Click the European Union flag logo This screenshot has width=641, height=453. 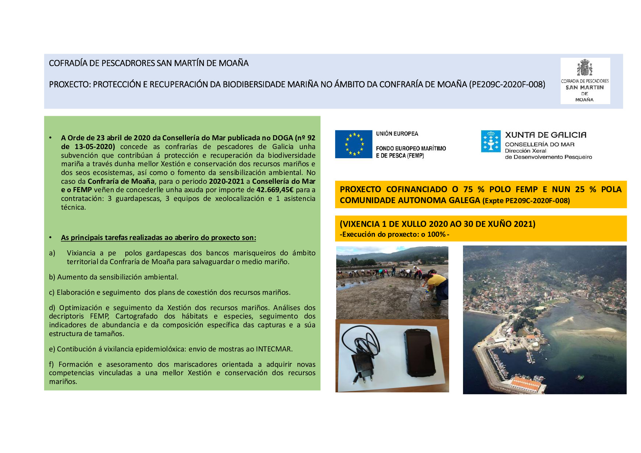click(x=353, y=144)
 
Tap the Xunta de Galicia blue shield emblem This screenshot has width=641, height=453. click(x=491, y=141)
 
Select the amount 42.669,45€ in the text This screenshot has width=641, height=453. click(x=275, y=190)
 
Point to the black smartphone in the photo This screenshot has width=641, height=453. click(x=420, y=353)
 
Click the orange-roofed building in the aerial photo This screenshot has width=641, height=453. click(x=526, y=384)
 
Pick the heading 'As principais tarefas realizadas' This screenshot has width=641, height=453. click(x=158, y=238)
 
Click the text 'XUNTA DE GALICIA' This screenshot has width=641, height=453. click(x=546, y=135)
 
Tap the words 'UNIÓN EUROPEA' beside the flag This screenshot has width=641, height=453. click(x=397, y=134)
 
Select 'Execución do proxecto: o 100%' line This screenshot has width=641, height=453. click(x=394, y=235)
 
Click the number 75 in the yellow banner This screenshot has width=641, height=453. click(x=468, y=189)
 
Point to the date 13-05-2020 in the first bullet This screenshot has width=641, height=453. click(x=95, y=147)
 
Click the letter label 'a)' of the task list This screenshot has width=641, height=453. click(x=52, y=253)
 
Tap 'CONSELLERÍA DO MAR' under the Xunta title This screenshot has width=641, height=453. click(x=539, y=145)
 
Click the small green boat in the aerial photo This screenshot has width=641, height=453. click(x=580, y=377)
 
